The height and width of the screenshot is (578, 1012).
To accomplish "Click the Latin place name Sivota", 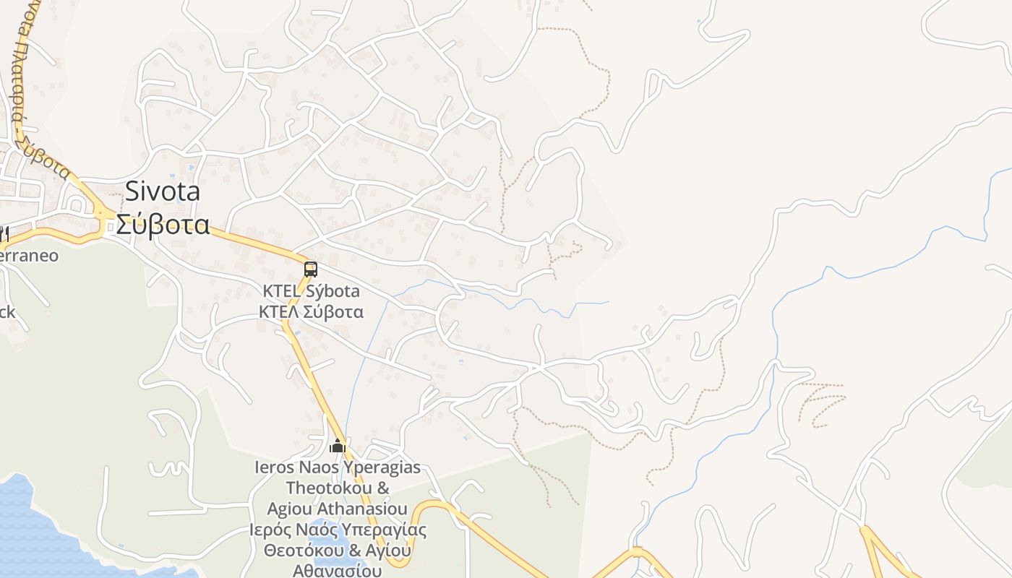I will click(163, 191).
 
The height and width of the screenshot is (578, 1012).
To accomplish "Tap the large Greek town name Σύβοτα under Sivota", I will click(163, 225).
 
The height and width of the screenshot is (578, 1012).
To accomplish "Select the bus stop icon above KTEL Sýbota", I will click(311, 269).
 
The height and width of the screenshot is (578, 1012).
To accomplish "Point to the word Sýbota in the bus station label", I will click(335, 291).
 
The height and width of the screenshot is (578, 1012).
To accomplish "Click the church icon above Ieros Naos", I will click(338, 447).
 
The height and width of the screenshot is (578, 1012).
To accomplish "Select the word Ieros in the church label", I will click(274, 467).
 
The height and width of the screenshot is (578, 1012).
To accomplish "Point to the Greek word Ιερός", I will click(271, 530).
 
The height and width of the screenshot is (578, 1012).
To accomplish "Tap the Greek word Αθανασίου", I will click(337, 571).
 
